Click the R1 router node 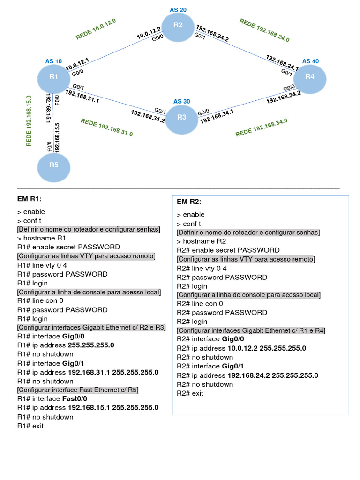coord(54,77)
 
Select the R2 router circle coord(178,25)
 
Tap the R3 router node coord(182,117)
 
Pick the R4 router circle coord(309,77)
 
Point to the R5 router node coord(53,165)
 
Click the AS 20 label coord(178,9)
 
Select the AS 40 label coord(310,61)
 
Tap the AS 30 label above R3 coord(181,101)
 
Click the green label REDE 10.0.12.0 coord(96,30)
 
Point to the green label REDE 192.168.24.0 coord(264,30)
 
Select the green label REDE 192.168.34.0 coord(261,127)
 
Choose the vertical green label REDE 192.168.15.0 coord(29,121)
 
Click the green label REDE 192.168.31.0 coord(107,127)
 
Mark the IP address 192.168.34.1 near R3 coord(217,115)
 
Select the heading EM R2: coord(189,202)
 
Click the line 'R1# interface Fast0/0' coord(52,399)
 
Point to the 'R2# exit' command coord(190,393)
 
